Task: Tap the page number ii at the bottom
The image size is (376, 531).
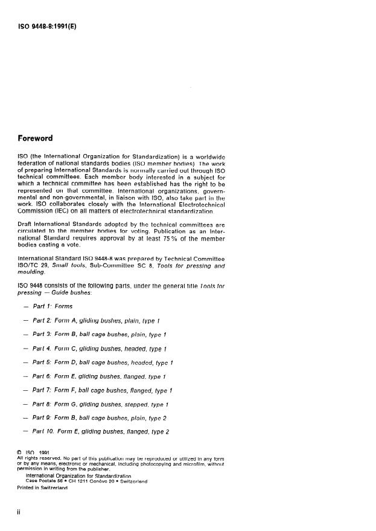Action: (21, 513)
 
